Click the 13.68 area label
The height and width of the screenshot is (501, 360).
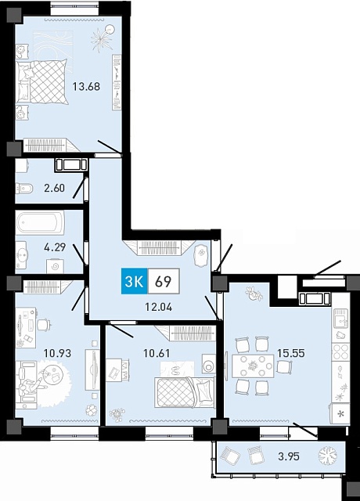pyautogui.click(x=86, y=86)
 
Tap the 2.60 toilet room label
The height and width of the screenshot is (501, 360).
pyautogui.click(x=54, y=188)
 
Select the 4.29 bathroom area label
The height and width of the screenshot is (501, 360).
pyautogui.click(x=55, y=247)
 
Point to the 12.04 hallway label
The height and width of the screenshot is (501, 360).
pyautogui.click(x=158, y=307)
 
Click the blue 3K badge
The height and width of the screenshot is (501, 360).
pyautogui.click(x=134, y=281)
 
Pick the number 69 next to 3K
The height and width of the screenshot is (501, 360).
pyautogui.click(x=164, y=282)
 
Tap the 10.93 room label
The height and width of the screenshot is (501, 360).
pyautogui.click(x=57, y=353)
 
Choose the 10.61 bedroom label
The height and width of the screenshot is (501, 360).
pyautogui.click(x=157, y=353)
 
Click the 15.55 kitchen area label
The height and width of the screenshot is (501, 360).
pyautogui.click(x=291, y=353)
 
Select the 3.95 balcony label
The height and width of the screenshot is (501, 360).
pyautogui.click(x=289, y=456)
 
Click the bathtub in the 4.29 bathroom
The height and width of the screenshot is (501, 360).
pyautogui.click(x=40, y=222)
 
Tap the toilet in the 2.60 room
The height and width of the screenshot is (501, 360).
pyautogui.click(x=24, y=189)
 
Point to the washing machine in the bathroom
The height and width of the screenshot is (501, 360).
pyautogui.click(x=55, y=266)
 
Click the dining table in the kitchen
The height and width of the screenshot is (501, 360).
pyautogui.click(x=253, y=366)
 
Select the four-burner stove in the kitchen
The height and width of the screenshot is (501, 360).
pyautogui.click(x=340, y=351)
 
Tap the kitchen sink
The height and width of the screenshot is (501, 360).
pyautogui.click(x=340, y=319)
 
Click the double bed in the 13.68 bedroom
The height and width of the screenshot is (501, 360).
pyautogui.click(x=42, y=81)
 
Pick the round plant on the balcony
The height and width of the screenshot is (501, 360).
pyautogui.click(x=328, y=456)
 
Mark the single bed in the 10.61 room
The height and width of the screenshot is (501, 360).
pyautogui.click(x=185, y=392)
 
